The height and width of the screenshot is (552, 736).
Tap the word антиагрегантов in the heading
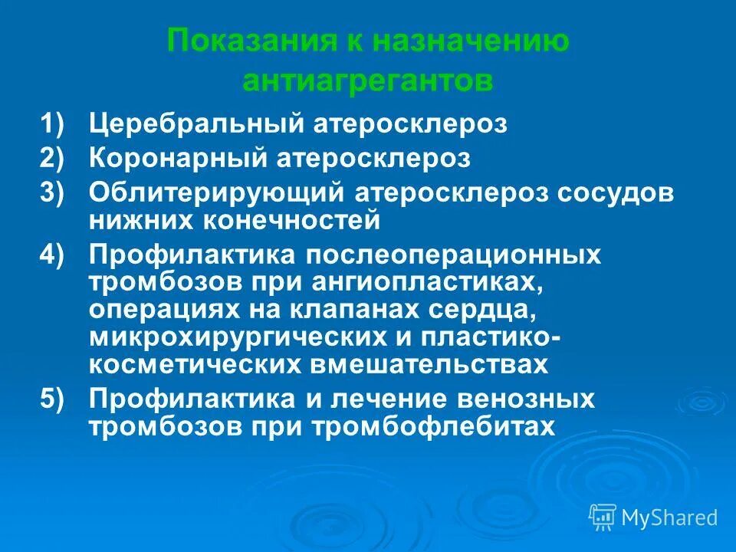point(368,80)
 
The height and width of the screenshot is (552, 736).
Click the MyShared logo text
point(669,517)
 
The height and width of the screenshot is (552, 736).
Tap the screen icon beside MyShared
point(603,517)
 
